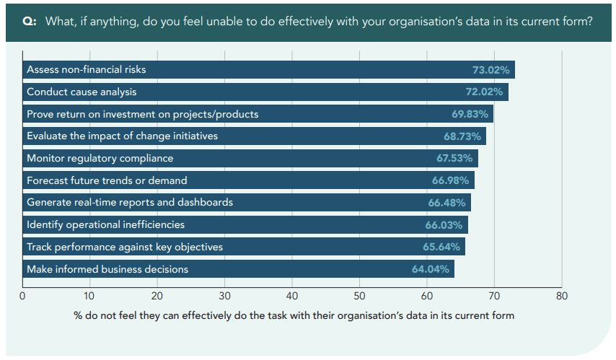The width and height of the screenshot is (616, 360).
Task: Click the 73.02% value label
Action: click(x=490, y=70)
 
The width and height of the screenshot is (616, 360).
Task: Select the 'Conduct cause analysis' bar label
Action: click(x=82, y=92)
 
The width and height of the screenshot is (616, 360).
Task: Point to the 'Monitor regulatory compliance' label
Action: click(x=100, y=158)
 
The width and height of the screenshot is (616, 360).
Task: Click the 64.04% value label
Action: click(x=431, y=269)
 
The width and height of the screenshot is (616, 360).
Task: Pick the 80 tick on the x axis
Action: click(x=563, y=295)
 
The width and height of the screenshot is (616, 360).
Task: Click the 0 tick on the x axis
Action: click(x=22, y=295)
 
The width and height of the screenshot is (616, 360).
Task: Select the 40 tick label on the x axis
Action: click(x=292, y=295)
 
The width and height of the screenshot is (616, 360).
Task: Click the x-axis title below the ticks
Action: click(x=294, y=315)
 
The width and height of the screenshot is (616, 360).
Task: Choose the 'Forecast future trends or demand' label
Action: click(x=107, y=180)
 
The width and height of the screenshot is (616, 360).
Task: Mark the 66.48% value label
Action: click(x=447, y=203)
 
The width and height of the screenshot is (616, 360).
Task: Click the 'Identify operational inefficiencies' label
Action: click(x=105, y=224)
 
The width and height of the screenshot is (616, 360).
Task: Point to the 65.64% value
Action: click(x=441, y=247)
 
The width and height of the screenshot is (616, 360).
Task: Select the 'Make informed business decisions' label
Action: click(x=107, y=269)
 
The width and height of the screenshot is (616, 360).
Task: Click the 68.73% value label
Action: click(x=463, y=136)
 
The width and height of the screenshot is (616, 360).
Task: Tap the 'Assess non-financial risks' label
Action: click(x=86, y=70)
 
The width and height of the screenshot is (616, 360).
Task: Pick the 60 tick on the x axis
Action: click(x=427, y=295)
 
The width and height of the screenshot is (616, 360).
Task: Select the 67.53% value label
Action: click(x=455, y=158)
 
